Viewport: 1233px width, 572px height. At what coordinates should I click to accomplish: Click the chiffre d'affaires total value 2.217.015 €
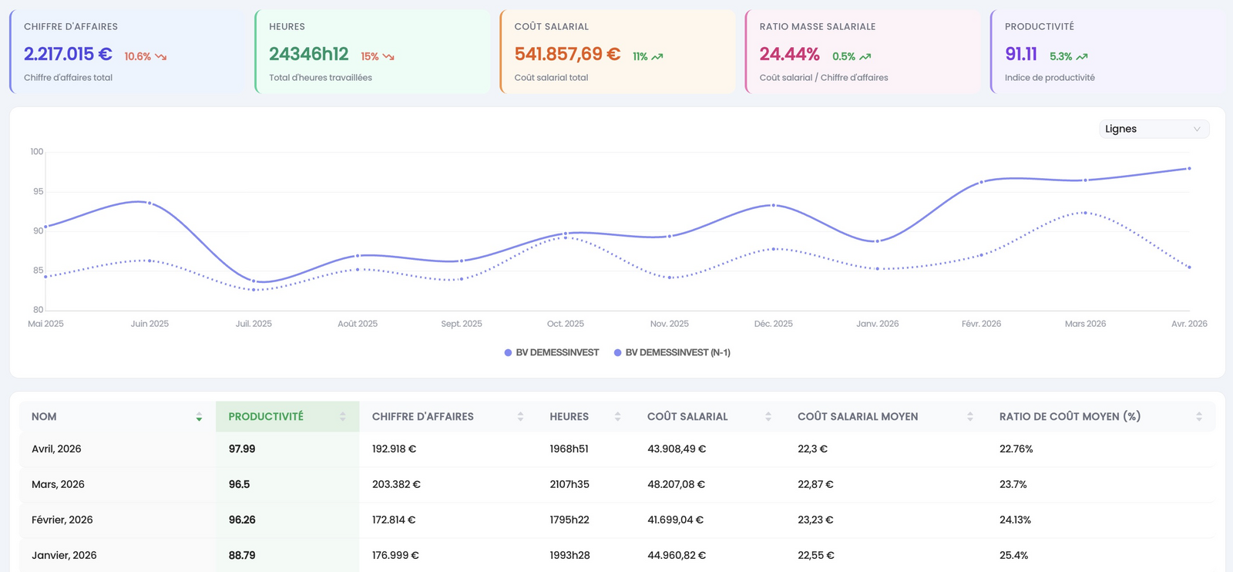tap(68, 54)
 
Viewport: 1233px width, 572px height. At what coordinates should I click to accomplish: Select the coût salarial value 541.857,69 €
tap(567, 54)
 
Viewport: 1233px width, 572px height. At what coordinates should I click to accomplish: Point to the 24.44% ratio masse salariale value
tap(789, 54)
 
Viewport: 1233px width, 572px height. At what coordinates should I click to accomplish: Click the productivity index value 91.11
tap(1021, 54)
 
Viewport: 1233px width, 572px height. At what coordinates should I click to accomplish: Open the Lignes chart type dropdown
tap(1154, 129)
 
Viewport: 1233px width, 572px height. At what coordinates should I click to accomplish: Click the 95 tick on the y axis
tap(38, 192)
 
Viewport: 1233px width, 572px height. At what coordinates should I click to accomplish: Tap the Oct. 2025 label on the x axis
tap(566, 324)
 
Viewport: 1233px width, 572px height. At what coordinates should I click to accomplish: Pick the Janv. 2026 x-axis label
tap(878, 324)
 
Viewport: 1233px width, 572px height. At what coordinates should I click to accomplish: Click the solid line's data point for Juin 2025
tap(150, 203)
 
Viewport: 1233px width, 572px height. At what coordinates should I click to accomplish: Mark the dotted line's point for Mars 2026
tap(1085, 213)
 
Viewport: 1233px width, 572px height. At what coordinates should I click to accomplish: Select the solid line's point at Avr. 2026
tap(1190, 169)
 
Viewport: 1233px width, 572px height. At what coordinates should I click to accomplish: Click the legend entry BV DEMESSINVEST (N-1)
tap(672, 352)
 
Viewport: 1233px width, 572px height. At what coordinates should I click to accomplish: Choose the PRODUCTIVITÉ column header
tap(266, 417)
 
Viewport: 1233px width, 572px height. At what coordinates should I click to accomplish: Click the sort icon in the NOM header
tap(199, 417)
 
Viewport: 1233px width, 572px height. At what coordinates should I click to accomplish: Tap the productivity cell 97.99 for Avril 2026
tap(242, 449)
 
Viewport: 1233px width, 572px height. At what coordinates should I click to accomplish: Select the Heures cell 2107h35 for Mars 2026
tap(569, 484)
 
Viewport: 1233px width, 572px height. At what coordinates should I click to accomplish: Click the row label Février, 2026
tap(62, 520)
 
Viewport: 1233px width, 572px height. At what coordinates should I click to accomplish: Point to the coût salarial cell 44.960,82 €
tap(677, 555)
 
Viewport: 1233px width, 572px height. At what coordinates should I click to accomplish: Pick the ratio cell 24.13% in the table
tap(1015, 520)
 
